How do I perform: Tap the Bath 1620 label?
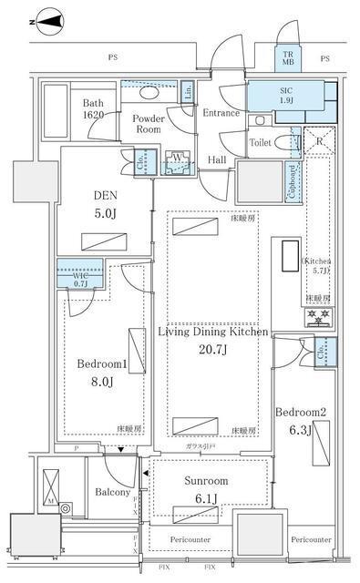tap(96, 110)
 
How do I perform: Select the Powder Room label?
tap(149, 124)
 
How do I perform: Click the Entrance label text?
tap(221, 113)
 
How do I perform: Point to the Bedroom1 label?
tap(101, 363)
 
